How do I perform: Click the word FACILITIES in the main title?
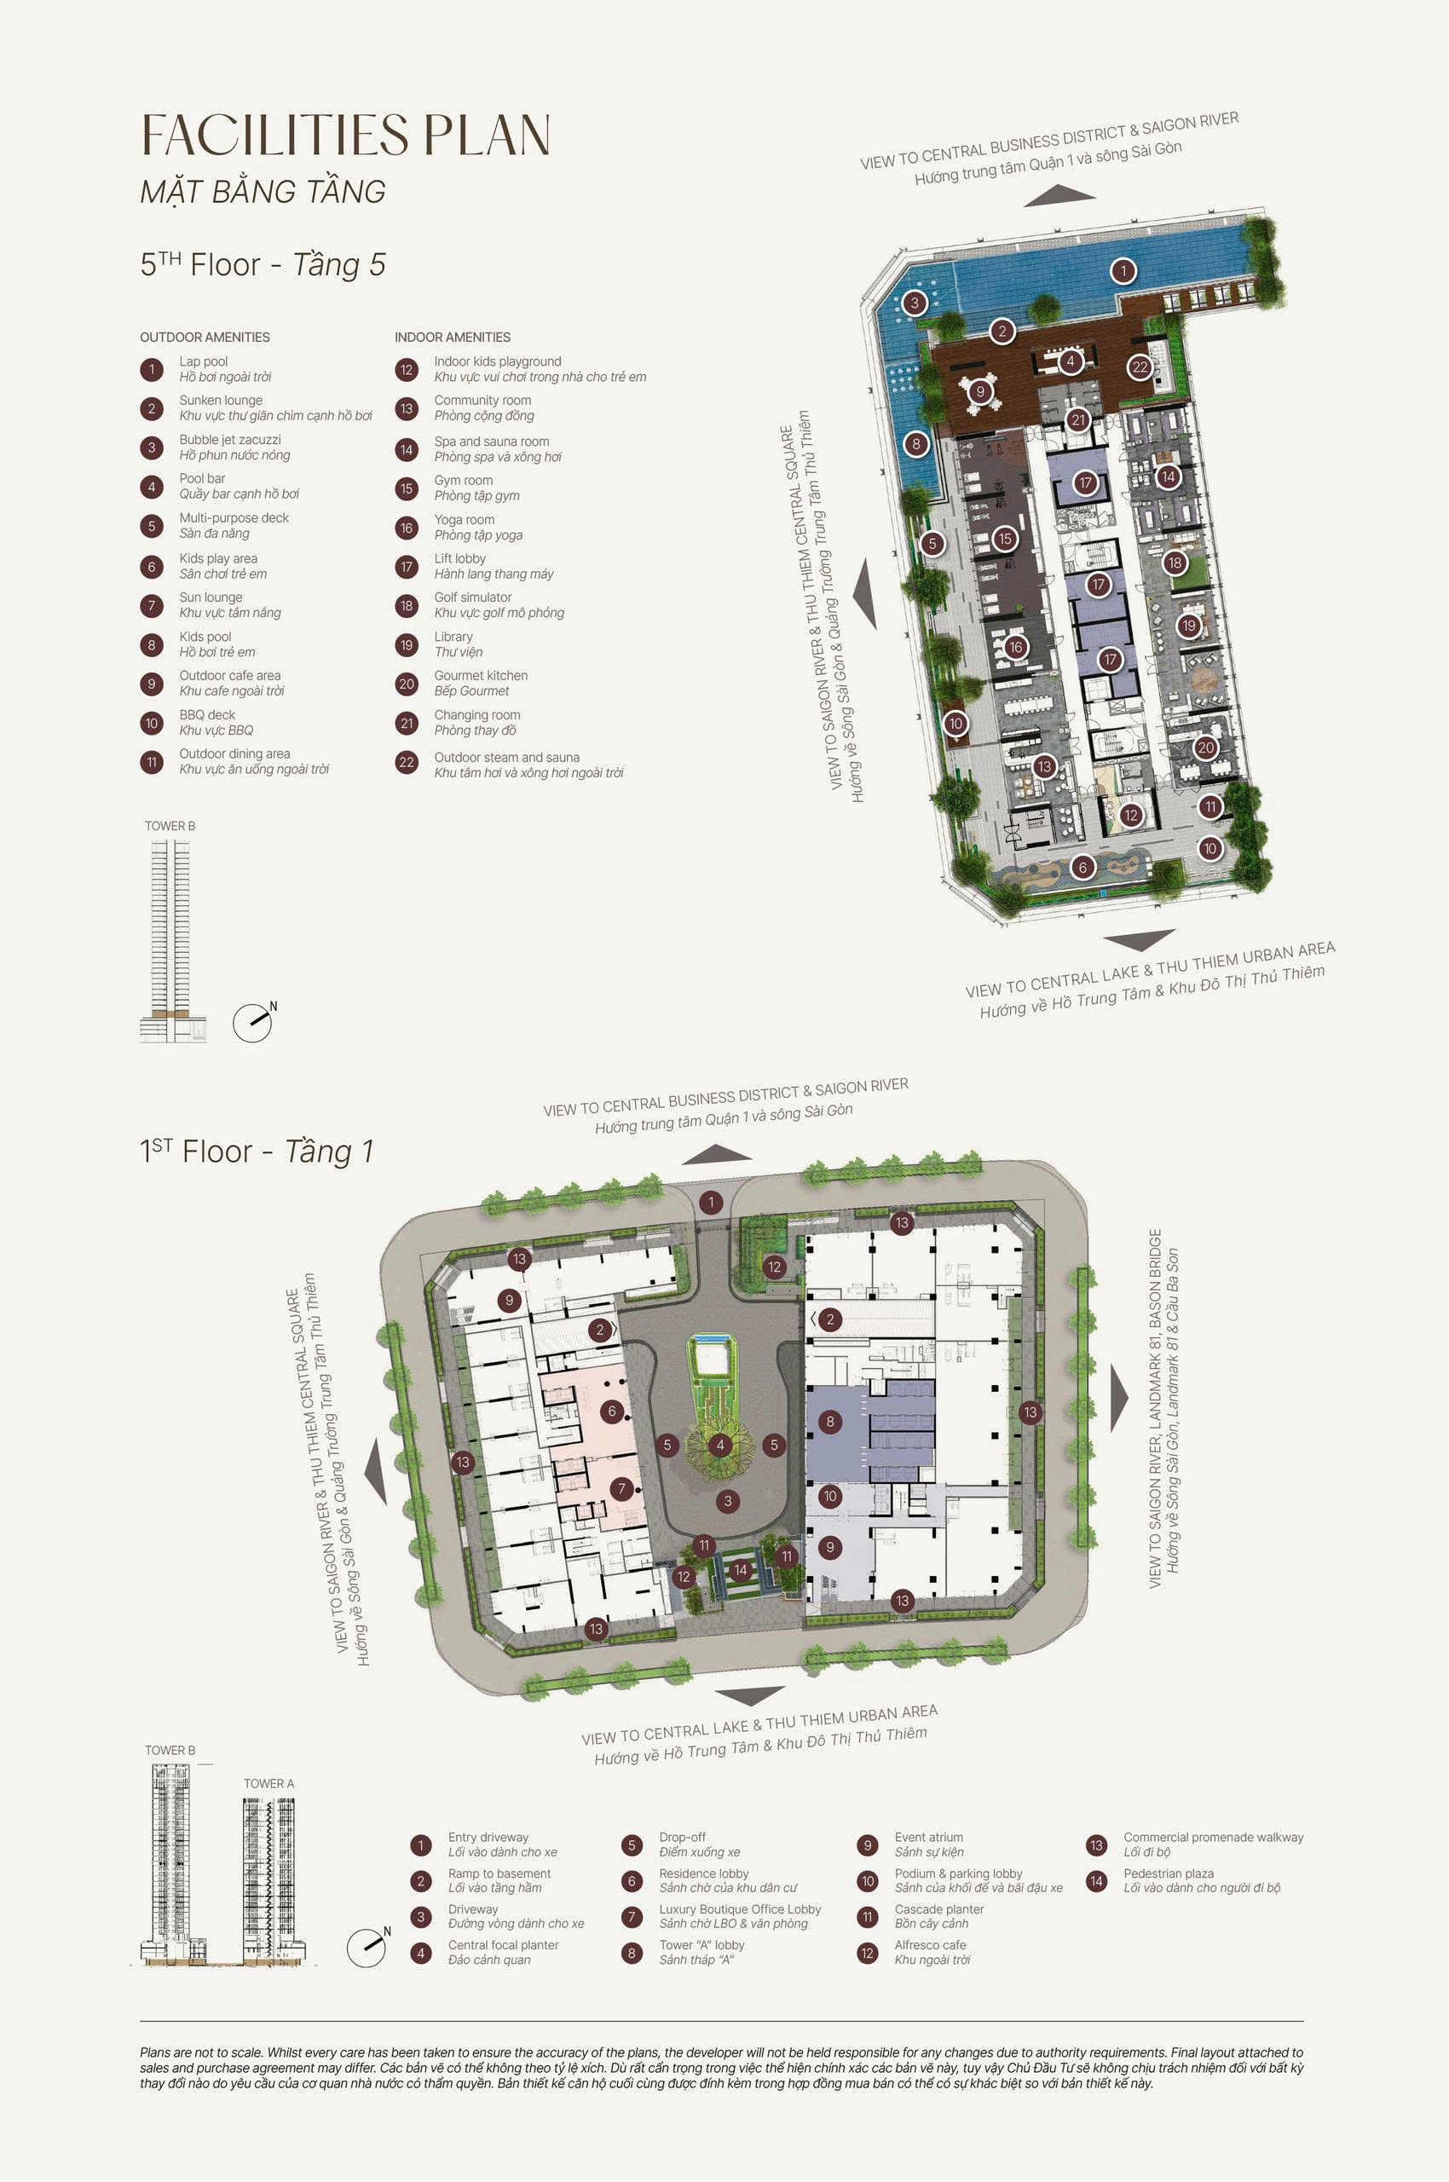click(274, 136)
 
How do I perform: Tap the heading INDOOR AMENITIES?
click(452, 338)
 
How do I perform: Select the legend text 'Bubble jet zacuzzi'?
click(230, 440)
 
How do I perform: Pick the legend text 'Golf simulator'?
click(472, 597)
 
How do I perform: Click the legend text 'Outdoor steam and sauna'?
click(506, 757)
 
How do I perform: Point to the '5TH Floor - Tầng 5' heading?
click(263, 264)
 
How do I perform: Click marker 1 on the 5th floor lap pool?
click(1123, 271)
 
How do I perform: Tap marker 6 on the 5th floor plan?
click(1083, 867)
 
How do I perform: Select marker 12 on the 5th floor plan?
click(1130, 815)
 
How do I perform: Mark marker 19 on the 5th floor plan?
click(1188, 626)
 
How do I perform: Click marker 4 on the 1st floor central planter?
click(720, 1446)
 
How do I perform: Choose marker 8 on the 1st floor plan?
click(830, 1422)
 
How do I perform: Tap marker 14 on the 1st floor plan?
click(740, 1569)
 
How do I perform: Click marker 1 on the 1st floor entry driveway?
click(711, 1203)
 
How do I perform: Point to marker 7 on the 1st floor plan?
click(622, 1488)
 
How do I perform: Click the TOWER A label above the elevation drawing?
click(268, 1784)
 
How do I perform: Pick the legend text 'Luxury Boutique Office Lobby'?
click(739, 1909)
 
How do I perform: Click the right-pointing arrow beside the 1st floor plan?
click(1119, 1399)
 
